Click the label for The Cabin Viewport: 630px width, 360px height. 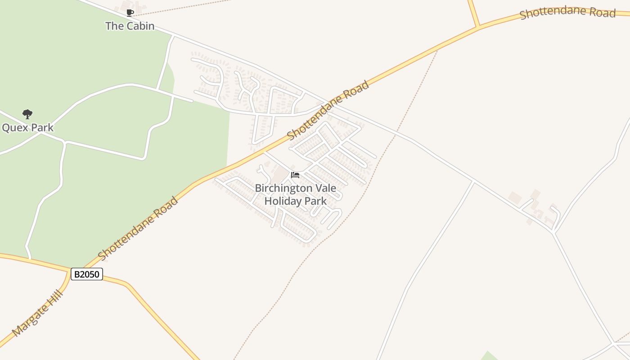tap(130, 26)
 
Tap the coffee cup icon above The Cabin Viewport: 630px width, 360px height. tap(130, 13)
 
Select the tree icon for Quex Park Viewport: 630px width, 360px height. tap(27, 114)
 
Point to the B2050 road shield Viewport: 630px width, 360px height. tap(87, 274)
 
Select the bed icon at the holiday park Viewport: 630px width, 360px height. tap(295, 175)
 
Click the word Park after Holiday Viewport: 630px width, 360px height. tap(316, 201)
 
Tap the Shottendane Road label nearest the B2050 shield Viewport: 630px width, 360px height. tap(138, 229)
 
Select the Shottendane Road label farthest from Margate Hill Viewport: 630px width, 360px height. tap(567, 13)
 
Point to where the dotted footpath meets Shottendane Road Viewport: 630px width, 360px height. tap(437, 49)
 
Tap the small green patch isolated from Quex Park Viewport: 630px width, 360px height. tap(488, 356)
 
